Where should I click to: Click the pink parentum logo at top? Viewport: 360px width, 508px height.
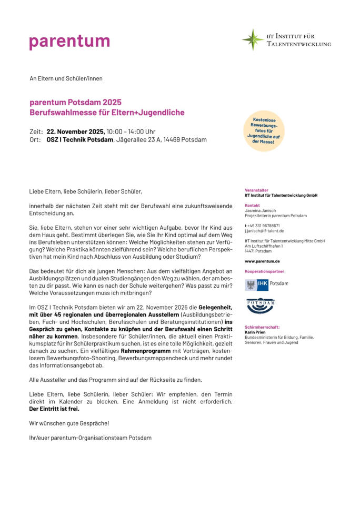(x=69, y=41)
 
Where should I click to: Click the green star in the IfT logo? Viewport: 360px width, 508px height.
(x=253, y=40)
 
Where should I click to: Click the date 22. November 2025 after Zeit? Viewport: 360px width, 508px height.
(x=76, y=131)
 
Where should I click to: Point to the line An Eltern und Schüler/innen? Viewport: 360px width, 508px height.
(x=66, y=78)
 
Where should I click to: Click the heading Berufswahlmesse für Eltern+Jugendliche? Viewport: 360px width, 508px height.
(x=107, y=113)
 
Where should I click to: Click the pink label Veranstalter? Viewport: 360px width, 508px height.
(x=256, y=190)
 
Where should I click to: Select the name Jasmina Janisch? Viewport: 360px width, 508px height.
(x=260, y=210)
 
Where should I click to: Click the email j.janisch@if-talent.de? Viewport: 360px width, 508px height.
(x=264, y=230)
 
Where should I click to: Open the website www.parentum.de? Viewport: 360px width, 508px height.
(x=262, y=261)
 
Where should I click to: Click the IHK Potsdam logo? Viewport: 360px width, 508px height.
(x=266, y=284)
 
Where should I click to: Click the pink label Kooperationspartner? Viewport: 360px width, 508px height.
(x=265, y=271)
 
